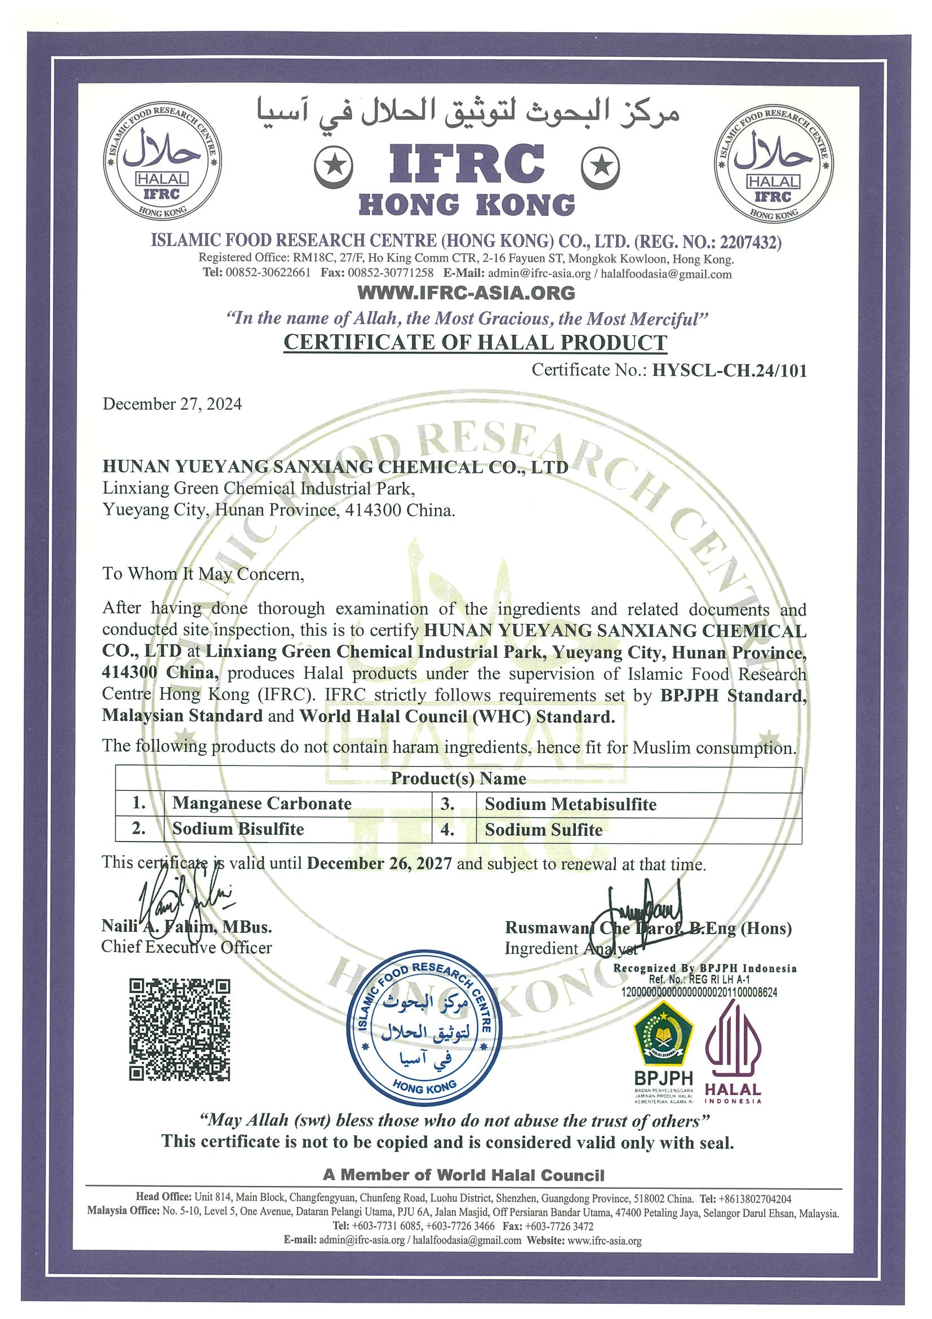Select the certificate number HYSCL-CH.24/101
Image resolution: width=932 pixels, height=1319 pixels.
tap(729, 370)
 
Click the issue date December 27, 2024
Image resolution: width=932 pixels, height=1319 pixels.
tap(172, 404)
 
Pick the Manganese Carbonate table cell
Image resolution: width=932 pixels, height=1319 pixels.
tap(262, 803)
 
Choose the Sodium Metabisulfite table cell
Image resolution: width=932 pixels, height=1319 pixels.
tap(570, 804)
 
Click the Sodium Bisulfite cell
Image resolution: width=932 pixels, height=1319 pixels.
tap(238, 829)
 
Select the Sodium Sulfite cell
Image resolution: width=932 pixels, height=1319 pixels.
tap(543, 830)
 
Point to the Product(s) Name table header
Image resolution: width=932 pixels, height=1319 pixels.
tap(458, 778)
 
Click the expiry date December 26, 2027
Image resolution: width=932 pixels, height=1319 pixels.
tap(379, 864)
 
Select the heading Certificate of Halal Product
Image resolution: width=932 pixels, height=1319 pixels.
tap(476, 342)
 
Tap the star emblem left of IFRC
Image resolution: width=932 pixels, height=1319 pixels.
tap(334, 167)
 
